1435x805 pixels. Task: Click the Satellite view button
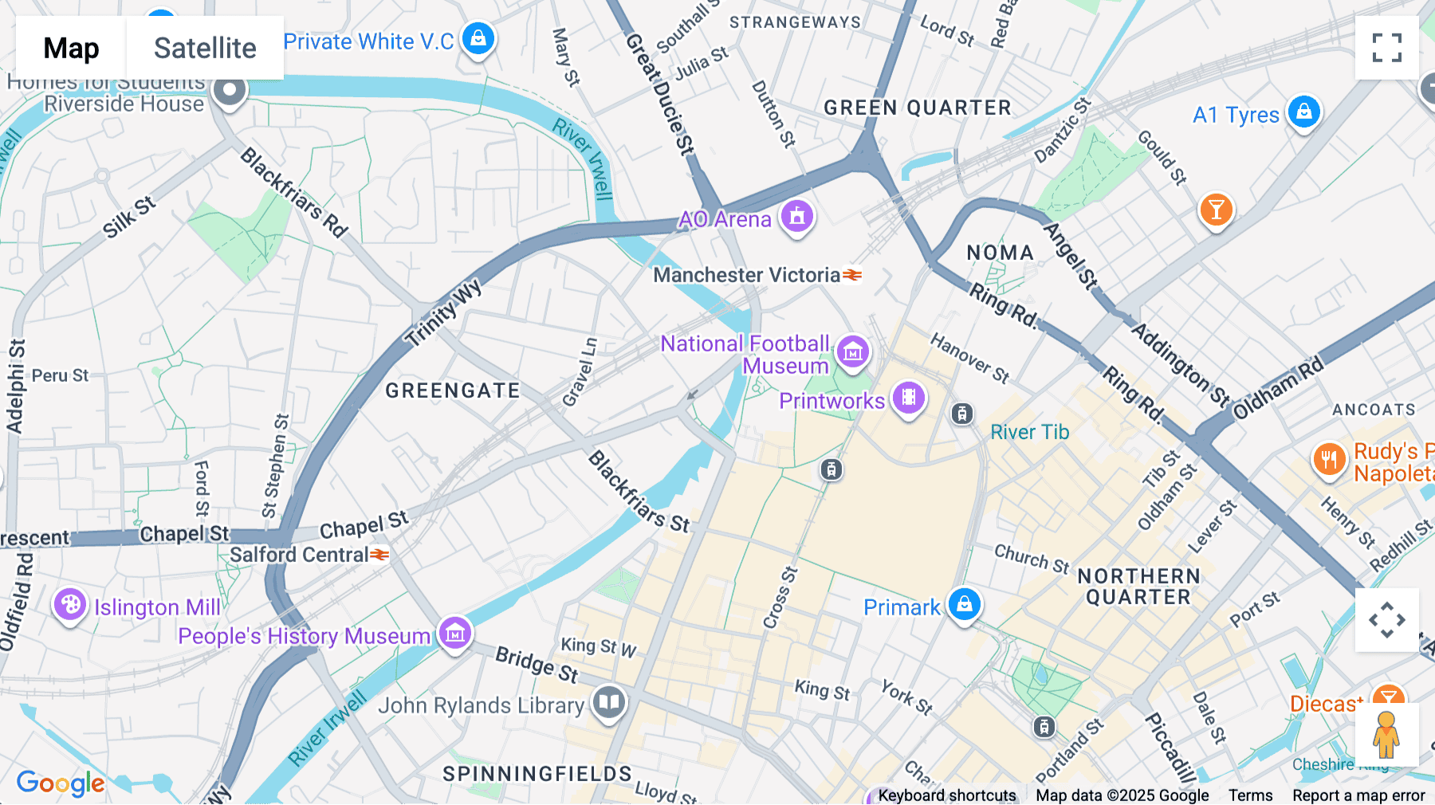click(205, 48)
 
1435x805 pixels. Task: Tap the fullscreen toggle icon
click(1386, 48)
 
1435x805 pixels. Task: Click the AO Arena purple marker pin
click(796, 216)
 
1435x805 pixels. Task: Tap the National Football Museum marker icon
click(852, 351)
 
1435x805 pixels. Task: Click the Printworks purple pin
click(908, 398)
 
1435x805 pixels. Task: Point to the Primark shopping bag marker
click(964, 604)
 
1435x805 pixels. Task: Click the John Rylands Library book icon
click(609, 702)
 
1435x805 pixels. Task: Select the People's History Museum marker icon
click(455, 634)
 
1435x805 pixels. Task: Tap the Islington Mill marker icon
click(70, 605)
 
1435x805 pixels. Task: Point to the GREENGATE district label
click(452, 391)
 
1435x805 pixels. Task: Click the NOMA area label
click(1000, 253)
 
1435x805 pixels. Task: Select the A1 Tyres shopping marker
click(1304, 112)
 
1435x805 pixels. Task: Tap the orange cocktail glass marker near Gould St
click(1216, 210)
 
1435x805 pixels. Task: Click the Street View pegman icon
click(1386, 735)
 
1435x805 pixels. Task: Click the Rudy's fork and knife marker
click(1328, 460)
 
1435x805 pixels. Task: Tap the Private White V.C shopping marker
click(478, 39)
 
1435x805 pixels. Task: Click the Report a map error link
click(1358, 795)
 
